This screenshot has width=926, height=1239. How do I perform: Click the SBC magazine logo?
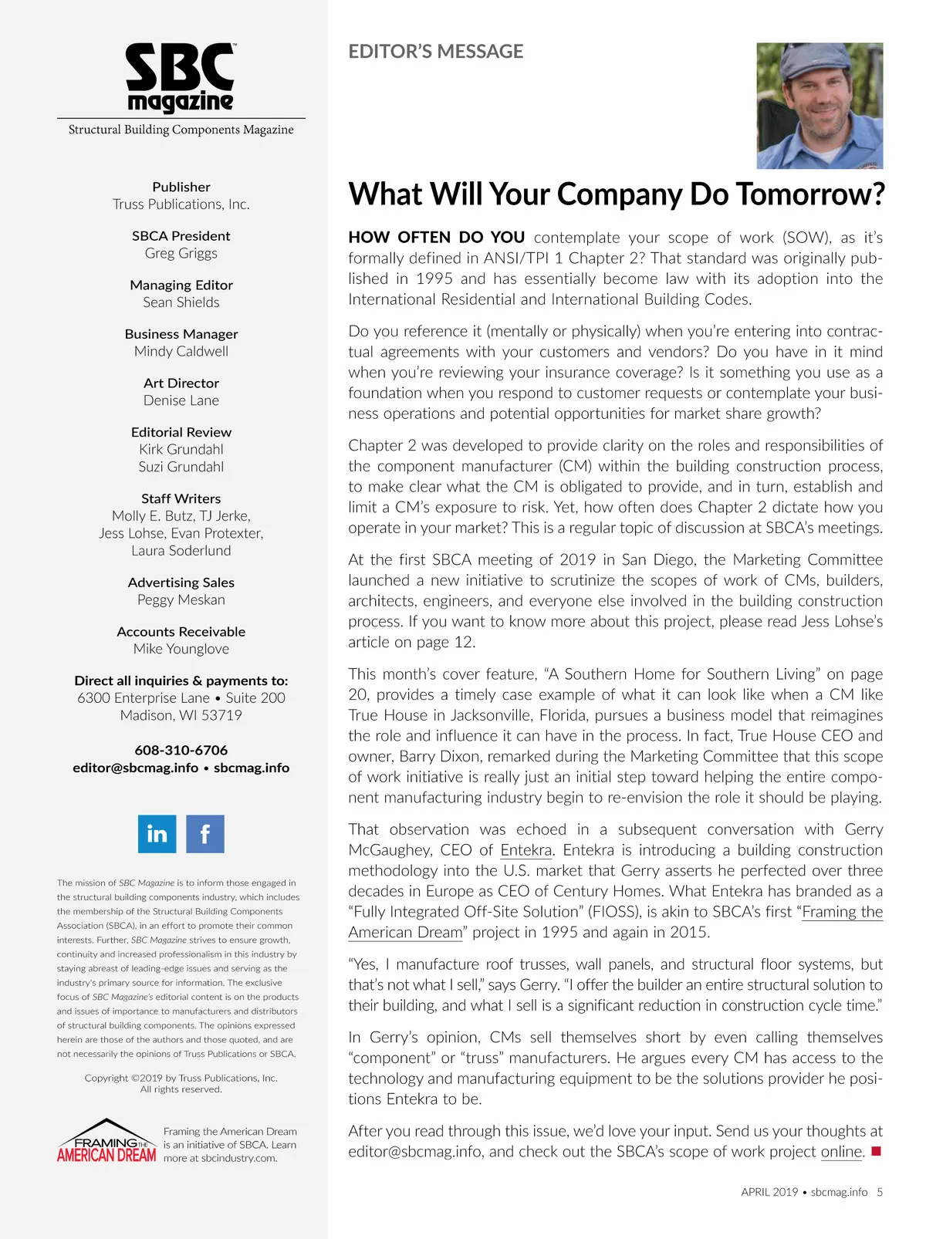click(181, 77)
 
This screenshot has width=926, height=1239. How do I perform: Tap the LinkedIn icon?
click(157, 834)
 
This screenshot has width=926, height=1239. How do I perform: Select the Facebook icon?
click(205, 834)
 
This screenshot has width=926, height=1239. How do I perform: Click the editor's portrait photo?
click(820, 106)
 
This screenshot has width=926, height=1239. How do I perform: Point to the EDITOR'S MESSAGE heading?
click(435, 52)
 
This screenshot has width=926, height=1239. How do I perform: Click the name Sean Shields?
click(181, 302)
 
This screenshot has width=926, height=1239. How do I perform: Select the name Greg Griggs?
click(181, 253)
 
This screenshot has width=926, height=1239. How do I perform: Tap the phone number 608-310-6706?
click(181, 750)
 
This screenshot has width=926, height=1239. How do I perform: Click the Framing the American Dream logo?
click(106, 1142)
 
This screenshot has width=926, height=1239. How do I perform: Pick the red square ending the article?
click(875, 1152)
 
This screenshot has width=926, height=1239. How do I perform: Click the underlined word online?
click(841, 1152)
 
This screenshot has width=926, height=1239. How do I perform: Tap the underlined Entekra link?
click(526, 850)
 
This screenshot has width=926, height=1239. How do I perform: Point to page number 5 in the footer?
click(880, 1192)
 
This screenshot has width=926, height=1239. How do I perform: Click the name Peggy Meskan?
click(181, 599)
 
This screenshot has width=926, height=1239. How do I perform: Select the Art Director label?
click(181, 383)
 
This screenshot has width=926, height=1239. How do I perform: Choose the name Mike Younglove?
click(181, 649)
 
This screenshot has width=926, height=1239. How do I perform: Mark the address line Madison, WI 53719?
click(181, 715)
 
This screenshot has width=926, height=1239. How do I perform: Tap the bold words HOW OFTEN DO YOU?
click(437, 238)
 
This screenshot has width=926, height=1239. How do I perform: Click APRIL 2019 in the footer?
click(769, 1192)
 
